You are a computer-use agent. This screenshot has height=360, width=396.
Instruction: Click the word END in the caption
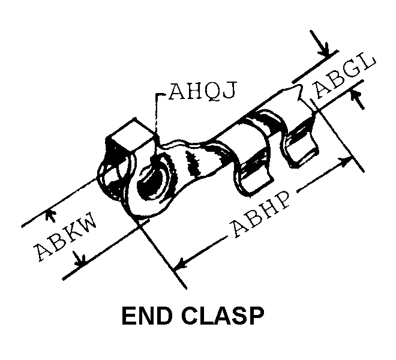click(x=146, y=316)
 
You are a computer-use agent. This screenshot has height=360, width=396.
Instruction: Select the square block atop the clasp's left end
click(x=130, y=136)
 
